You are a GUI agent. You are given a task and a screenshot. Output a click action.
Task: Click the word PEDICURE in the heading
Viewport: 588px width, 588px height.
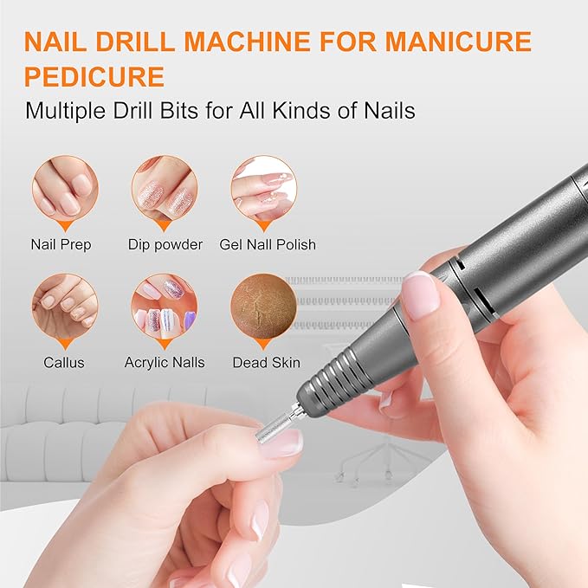click(x=94, y=76)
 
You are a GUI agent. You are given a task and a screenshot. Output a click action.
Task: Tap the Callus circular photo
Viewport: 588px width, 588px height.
click(x=65, y=306)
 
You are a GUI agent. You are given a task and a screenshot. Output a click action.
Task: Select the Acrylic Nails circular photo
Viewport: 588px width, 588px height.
click(x=165, y=306)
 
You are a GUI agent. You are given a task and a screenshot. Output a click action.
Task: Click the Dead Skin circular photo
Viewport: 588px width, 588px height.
click(x=264, y=306)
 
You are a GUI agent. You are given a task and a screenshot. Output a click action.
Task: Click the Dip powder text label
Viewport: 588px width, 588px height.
click(x=165, y=244)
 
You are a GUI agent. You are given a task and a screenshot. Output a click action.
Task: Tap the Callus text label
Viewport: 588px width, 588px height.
click(x=65, y=362)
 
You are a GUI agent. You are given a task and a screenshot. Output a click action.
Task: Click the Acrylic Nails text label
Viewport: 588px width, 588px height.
click(x=165, y=362)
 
